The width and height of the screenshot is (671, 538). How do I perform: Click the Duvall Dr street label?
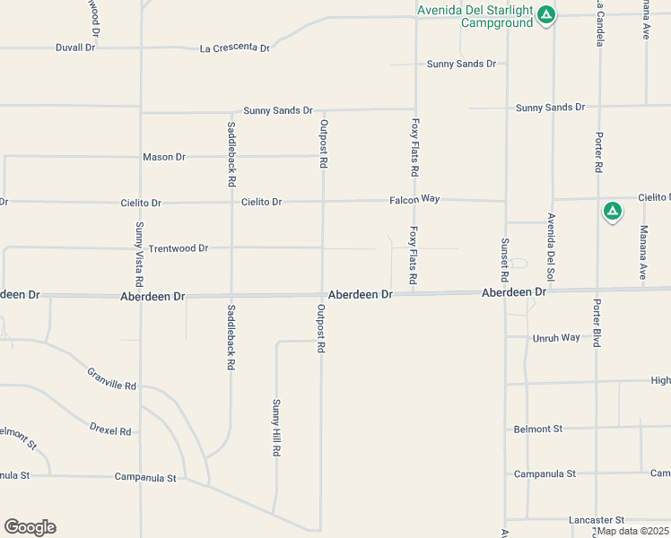click(x=74, y=47)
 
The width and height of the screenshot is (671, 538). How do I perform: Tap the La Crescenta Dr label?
click(x=234, y=48)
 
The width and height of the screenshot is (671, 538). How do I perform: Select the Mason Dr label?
click(x=163, y=157)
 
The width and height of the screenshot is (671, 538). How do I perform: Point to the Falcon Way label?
click(x=414, y=198)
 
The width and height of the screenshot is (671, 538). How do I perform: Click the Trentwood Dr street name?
click(x=178, y=247)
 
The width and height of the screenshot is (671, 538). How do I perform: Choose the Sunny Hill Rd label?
click(x=276, y=429)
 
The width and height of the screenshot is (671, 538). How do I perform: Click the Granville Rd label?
click(x=112, y=379)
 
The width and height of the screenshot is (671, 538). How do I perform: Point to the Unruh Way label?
click(x=556, y=338)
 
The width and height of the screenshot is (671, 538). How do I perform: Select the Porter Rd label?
click(x=598, y=152)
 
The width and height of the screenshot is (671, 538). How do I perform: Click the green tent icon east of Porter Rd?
click(x=612, y=212)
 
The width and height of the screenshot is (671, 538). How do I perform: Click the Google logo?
click(x=30, y=527)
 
